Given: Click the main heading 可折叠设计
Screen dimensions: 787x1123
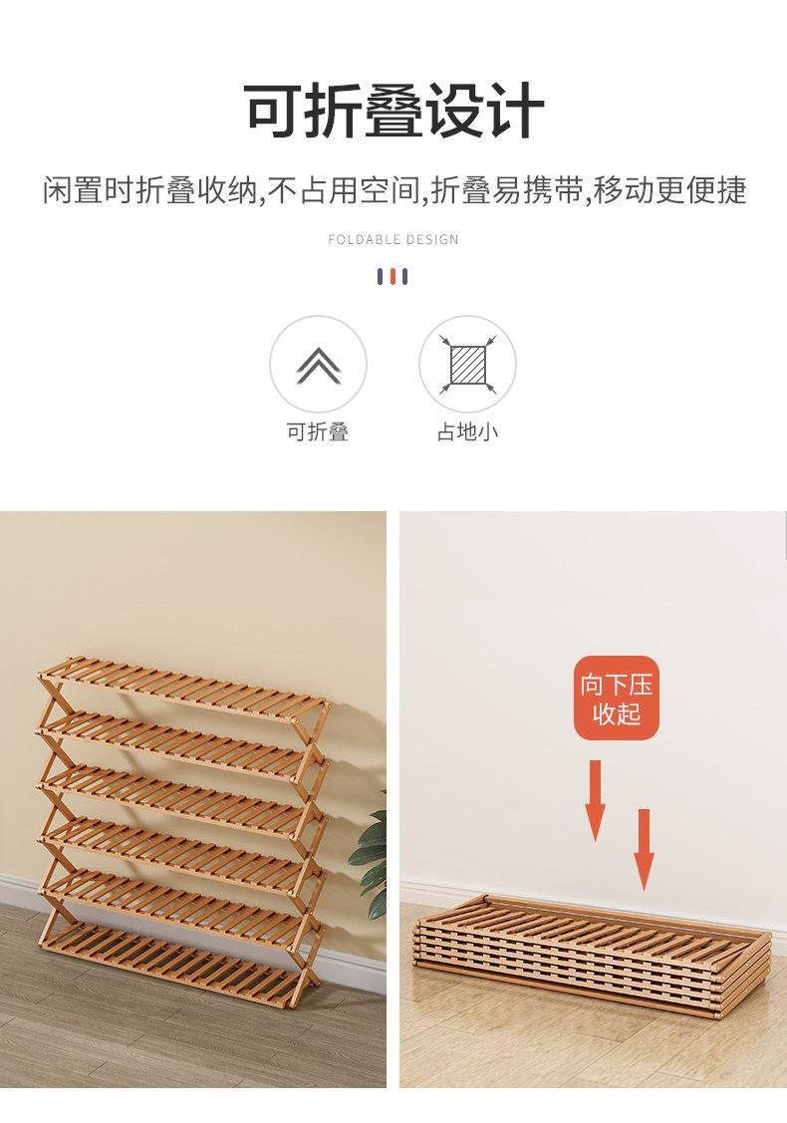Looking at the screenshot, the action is (393, 111).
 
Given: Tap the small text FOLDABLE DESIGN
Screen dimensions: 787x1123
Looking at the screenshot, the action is (393, 239).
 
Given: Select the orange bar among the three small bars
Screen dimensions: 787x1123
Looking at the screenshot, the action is (393, 276).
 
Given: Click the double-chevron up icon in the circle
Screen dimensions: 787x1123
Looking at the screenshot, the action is (319, 366).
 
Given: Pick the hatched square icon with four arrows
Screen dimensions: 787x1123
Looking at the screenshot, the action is (467, 365).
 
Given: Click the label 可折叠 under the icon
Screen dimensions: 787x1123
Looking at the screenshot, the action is (317, 431).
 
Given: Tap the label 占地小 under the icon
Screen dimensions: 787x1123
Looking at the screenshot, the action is (467, 431).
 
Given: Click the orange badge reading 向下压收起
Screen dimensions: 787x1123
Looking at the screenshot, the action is (617, 699).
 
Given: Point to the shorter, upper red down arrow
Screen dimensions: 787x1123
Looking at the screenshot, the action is (595, 801).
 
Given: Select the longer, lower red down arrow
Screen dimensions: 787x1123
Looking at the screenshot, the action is (644, 850).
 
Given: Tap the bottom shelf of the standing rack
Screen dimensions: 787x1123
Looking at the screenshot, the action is (172, 964).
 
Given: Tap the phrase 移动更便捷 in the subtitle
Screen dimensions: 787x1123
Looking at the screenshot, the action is (669, 190).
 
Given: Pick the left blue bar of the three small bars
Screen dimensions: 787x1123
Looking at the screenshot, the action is (381, 276).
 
